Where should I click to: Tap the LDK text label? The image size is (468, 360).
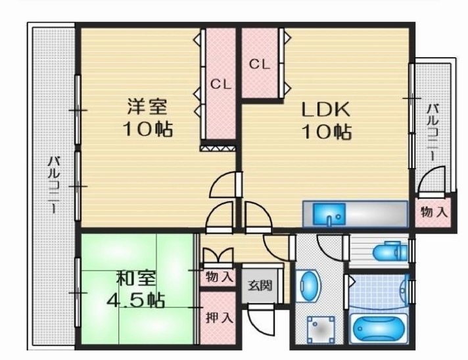pyautogui.click(x=326, y=108)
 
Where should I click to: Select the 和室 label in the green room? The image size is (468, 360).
pyautogui.click(x=137, y=279)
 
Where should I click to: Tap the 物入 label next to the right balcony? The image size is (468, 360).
pyautogui.click(x=434, y=212)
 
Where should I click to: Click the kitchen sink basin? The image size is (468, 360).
pyautogui.click(x=328, y=214)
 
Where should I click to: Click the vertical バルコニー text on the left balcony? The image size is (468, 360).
pyautogui.click(x=54, y=185)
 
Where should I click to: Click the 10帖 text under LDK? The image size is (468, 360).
pyautogui.click(x=326, y=131)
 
